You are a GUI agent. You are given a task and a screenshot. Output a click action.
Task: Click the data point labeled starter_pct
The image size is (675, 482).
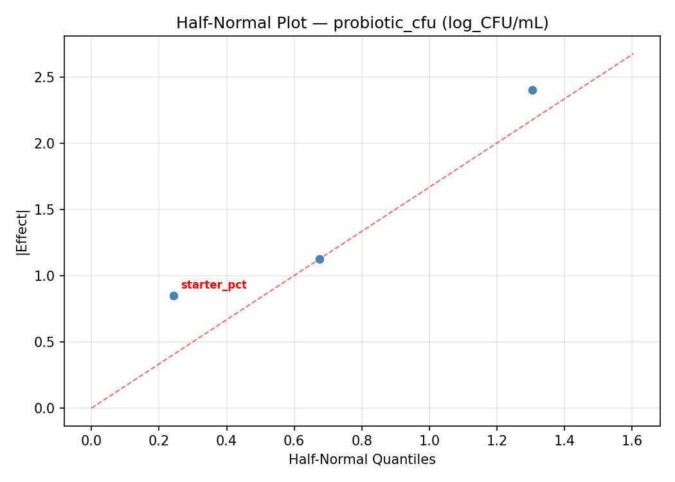click(174, 296)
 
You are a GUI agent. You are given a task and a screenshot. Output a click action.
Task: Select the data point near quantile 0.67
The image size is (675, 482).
click(319, 259)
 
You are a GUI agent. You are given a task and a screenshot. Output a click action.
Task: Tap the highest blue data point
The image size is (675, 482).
click(532, 90)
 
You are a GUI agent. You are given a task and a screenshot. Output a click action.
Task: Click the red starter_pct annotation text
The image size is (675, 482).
click(213, 285)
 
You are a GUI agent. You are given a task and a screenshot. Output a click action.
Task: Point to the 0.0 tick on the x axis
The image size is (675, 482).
click(91, 440)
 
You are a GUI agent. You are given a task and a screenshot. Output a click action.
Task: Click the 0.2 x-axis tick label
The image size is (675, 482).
click(159, 440)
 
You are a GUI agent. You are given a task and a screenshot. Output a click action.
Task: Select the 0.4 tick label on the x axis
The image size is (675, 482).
click(226, 440)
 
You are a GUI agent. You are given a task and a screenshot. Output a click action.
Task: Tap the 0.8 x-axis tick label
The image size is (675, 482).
click(361, 440)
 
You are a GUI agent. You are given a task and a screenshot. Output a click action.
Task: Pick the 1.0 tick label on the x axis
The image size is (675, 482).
click(429, 440)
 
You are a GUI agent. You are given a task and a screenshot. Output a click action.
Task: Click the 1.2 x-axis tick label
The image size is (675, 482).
click(496, 440)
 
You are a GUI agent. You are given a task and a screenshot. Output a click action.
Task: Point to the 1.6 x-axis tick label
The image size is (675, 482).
click(632, 440)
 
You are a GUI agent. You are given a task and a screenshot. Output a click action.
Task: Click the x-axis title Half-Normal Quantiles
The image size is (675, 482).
click(362, 460)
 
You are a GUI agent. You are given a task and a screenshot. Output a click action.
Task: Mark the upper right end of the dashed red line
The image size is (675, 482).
click(633, 53)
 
